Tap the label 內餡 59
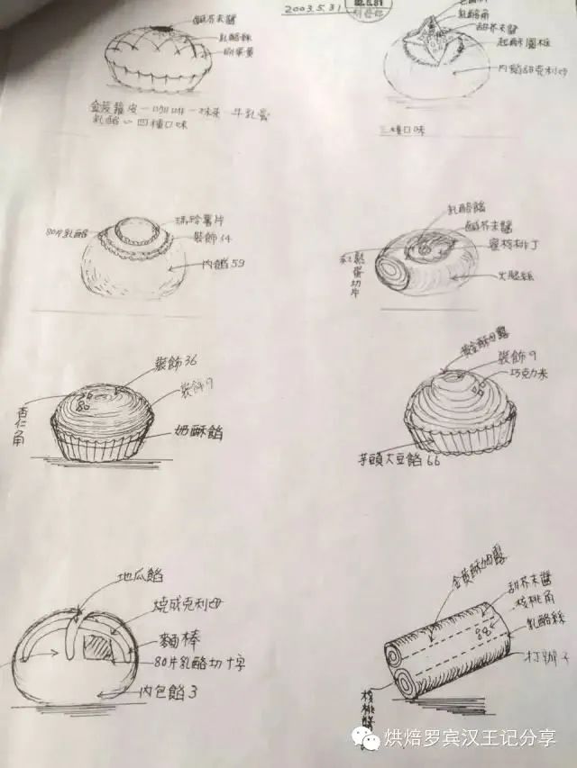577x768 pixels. [225, 264]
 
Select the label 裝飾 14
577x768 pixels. [214, 237]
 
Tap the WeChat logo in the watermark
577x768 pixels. [368, 737]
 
